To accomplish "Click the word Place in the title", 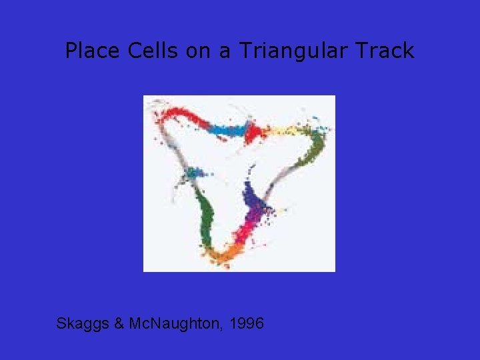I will click(89, 51).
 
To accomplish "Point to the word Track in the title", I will click(387, 51).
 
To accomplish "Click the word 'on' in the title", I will click(197, 51).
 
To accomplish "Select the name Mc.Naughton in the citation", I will click(175, 324).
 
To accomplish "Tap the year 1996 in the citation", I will click(246, 324).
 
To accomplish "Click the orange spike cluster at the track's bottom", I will click(219, 253).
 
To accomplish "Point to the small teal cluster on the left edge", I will click(194, 173).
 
